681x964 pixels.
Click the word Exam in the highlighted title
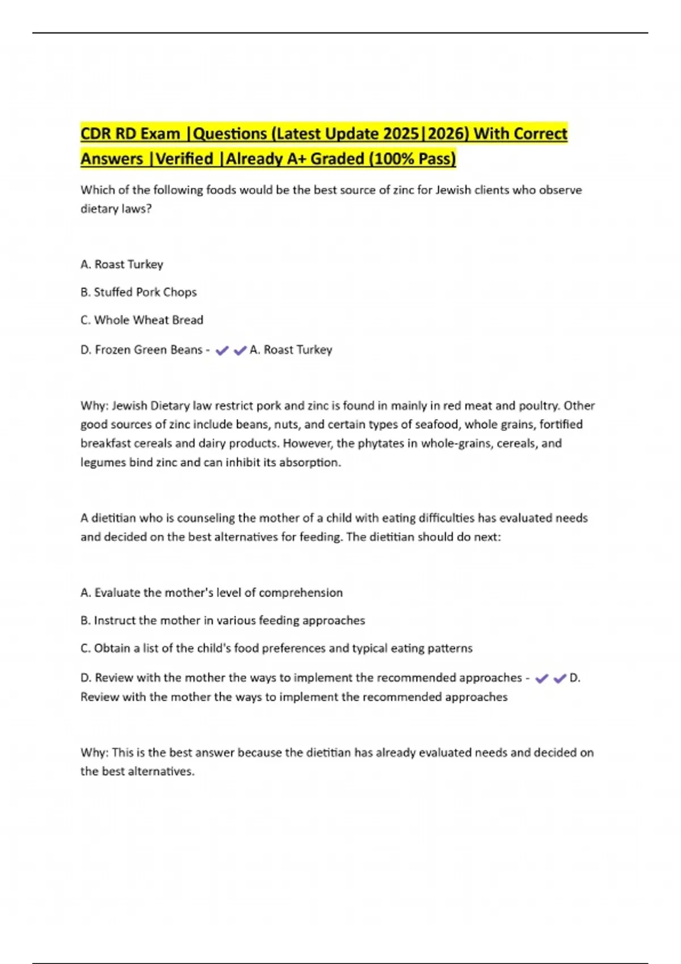pyautogui.click(x=160, y=134)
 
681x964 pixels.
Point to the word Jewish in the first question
pyautogui.click(x=451, y=190)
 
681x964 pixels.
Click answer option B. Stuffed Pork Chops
pyautogui.click(x=138, y=292)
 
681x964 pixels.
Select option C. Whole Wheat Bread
pyautogui.click(x=142, y=320)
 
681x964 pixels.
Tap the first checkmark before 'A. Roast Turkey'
pyautogui.click(x=222, y=350)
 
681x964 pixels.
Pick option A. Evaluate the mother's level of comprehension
pyautogui.click(x=211, y=593)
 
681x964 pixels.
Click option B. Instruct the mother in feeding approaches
pyautogui.click(x=222, y=620)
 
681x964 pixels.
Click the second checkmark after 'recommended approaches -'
pyautogui.click(x=560, y=678)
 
